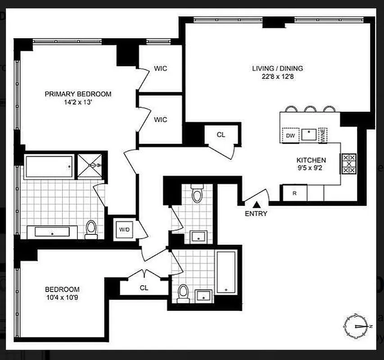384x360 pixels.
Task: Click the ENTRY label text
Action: [256, 214]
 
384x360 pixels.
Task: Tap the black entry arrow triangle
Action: [255, 205]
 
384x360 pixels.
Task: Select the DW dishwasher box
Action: [290, 135]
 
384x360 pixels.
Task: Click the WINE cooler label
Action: [323, 135]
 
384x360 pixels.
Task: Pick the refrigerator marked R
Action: [294, 193]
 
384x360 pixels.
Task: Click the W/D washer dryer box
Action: [124, 229]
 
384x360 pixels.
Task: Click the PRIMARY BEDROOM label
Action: [78, 94]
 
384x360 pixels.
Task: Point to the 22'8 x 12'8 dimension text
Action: [277, 76]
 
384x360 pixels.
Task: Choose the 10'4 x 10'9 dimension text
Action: [62, 297]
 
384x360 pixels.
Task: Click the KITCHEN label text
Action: [311, 160]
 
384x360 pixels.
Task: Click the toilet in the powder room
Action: [197, 193]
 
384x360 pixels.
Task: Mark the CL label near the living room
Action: [221, 135]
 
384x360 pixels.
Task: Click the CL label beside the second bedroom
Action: [144, 288]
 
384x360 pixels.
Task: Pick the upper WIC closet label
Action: [160, 68]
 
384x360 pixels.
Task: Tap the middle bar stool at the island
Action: [310, 109]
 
